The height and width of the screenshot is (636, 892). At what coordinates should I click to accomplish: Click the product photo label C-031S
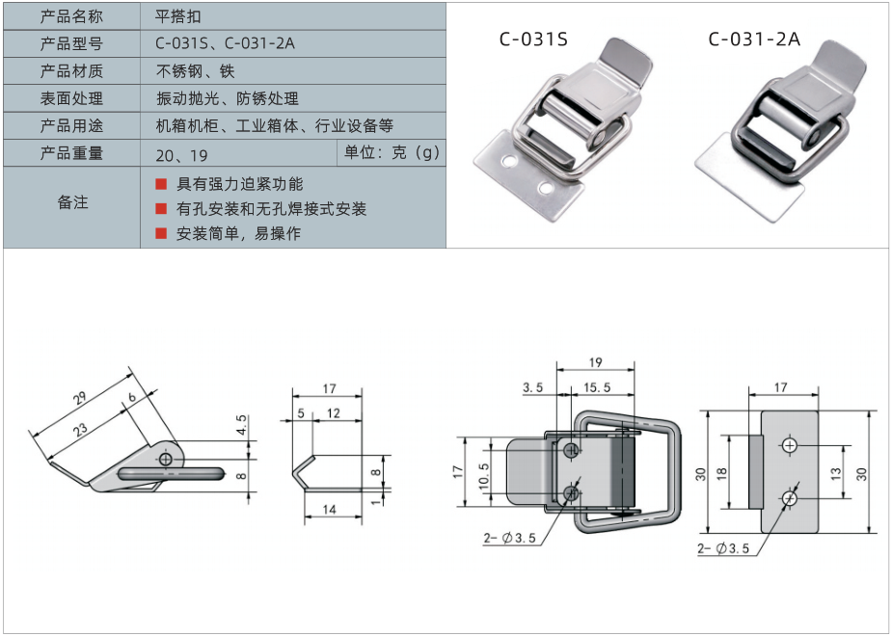[x=533, y=40]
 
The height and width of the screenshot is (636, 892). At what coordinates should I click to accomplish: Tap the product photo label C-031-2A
[x=753, y=40]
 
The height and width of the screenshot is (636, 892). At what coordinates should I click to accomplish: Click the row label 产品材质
[x=71, y=71]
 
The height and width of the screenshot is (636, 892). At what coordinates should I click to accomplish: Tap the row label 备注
[x=72, y=202]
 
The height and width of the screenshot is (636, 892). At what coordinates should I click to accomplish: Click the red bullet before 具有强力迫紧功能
[x=161, y=183]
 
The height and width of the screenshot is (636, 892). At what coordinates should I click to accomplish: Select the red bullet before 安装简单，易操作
[x=161, y=233]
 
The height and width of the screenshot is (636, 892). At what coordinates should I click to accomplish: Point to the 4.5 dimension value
[x=240, y=423]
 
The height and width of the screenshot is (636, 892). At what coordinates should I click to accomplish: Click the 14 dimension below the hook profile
[x=330, y=510]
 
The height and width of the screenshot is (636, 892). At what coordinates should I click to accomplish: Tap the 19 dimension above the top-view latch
[x=595, y=363]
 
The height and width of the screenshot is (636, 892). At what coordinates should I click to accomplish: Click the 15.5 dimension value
[x=596, y=387]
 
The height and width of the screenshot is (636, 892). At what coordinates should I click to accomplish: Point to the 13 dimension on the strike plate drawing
[x=836, y=472]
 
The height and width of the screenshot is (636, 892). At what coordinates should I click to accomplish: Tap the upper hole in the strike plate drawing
[x=790, y=445]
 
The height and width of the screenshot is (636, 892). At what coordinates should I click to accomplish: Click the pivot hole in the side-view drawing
[x=166, y=461]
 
